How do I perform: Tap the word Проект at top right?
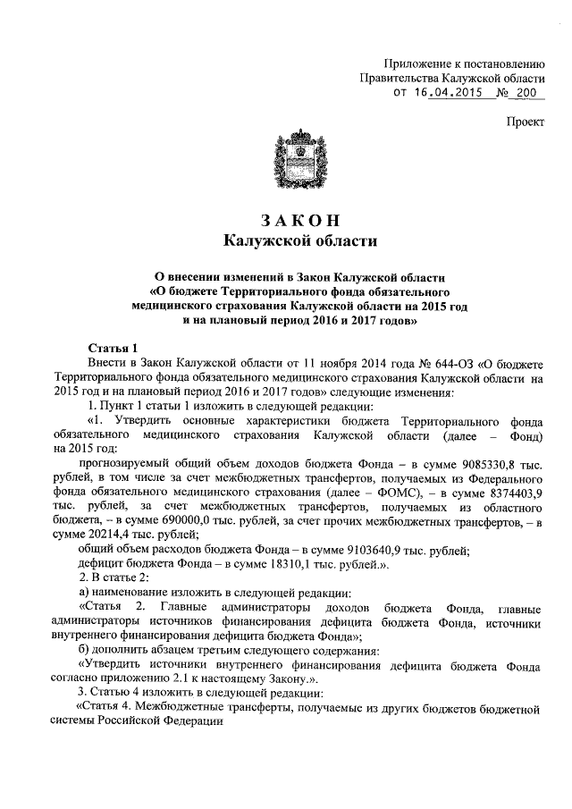[x=525, y=122]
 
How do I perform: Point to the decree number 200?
[x=529, y=94]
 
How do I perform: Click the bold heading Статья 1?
[x=113, y=347]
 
